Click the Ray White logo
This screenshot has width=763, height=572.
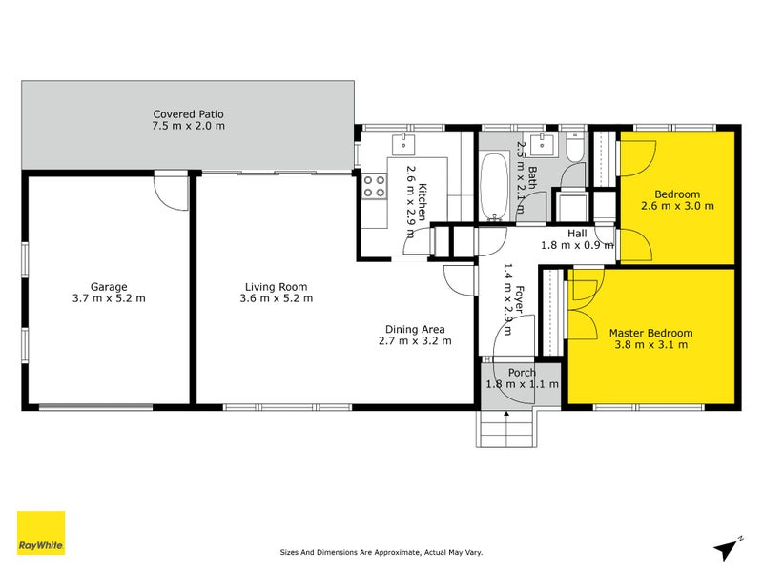pyautogui.click(x=41, y=533)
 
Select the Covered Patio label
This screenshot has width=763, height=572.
pyautogui.click(x=188, y=113)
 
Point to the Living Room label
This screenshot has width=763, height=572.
pyautogui.click(x=276, y=286)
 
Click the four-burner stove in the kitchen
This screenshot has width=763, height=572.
pyautogui.click(x=374, y=186)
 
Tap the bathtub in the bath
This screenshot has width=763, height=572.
pyautogui.click(x=495, y=187)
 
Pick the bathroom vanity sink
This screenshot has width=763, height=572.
pyautogui.click(x=546, y=144)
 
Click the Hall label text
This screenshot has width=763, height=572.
pyautogui.click(x=577, y=233)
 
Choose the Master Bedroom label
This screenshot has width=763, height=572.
pyautogui.click(x=650, y=333)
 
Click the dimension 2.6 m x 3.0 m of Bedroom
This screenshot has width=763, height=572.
pyautogui.click(x=676, y=206)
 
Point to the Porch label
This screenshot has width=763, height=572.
pyautogui.click(x=521, y=372)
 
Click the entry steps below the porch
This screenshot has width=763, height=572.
pyautogui.click(x=505, y=428)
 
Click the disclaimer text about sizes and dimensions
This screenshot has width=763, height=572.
pyautogui.click(x=381, y=551)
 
